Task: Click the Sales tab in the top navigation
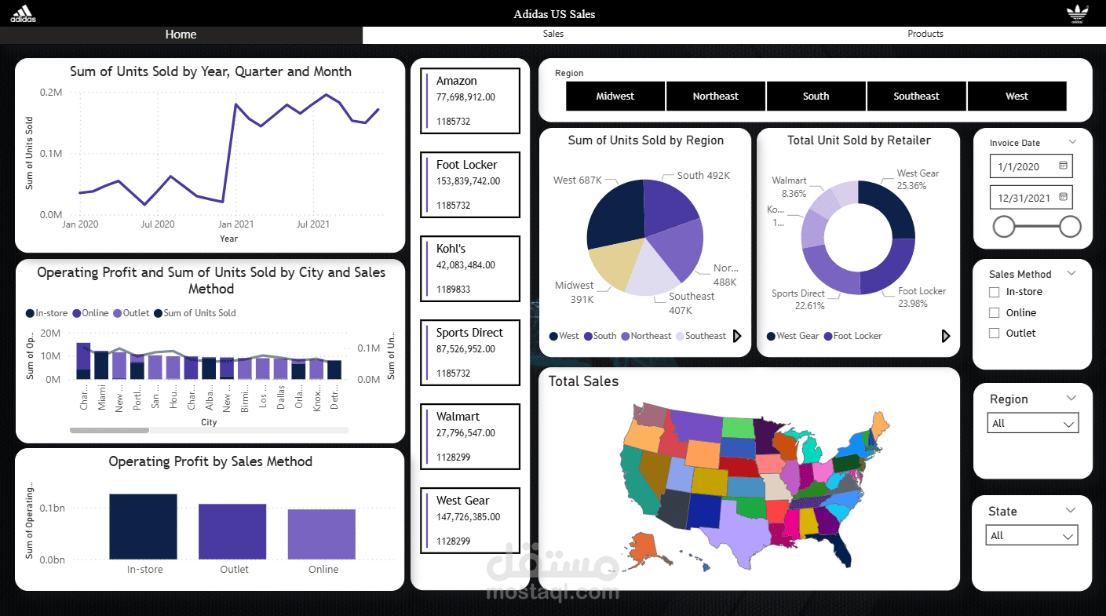(553, 34)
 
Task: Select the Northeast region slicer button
(715, 96)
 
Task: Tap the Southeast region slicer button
(916, 96)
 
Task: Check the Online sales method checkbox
(995, 312)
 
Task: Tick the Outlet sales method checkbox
(995, 333)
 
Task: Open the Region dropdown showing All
(1032, 424)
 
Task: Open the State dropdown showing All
(1031, 536)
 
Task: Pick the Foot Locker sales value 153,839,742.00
(468, 181)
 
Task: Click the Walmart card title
(458, 417)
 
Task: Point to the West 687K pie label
(577, 180)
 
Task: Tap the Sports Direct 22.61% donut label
(798, 300)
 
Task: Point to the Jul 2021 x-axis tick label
(313, 224)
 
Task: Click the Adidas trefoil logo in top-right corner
(1077, 13)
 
